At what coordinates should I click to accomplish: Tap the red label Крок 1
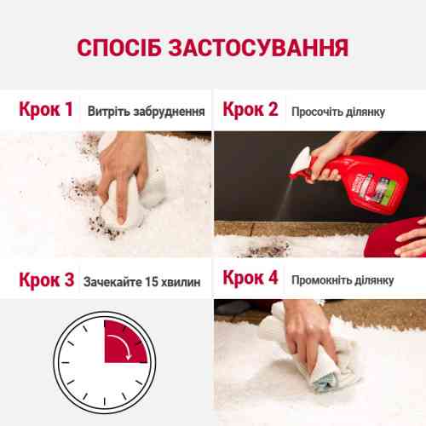(x=47, y=110)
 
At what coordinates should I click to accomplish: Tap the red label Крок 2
(x=250, y=110)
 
